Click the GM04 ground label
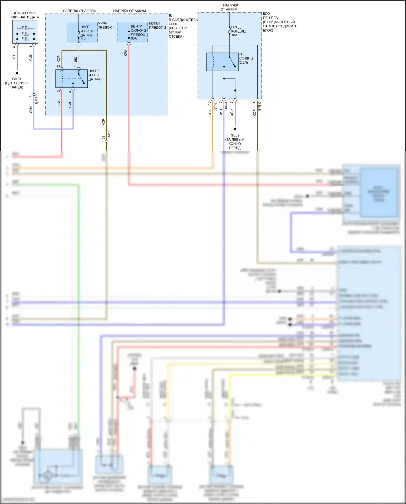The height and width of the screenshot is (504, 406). click(x=17, y=79)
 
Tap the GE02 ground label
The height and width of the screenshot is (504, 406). click(x=235, y=135)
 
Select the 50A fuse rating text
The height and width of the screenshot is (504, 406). click(x=84, y=39)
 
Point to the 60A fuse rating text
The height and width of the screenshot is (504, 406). click(x=134, y=38)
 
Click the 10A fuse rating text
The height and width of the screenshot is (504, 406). click(x=234, y=35)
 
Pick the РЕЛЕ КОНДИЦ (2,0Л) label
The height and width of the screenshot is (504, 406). click(x=246, y=58)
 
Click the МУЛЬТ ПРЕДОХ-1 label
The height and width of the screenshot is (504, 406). click(x=106, y=25)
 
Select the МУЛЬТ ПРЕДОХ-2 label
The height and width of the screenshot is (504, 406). click(x=157, y=25)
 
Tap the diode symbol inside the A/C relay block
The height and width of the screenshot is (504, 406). click(x=235, y=90)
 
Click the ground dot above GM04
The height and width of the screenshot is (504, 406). click(x=17, y=73)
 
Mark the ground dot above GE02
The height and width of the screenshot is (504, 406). click(x=235, y=129)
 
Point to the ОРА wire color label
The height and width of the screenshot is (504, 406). click(x=210, y=113)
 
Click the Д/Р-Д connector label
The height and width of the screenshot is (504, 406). click(x=215, y=106)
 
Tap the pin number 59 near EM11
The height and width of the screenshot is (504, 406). click(x=103, y=138)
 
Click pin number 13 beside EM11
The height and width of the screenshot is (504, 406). click(x=31, y=97)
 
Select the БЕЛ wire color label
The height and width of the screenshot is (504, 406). click(x=76, y=59)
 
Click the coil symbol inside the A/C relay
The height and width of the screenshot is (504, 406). click(x=213, y=62)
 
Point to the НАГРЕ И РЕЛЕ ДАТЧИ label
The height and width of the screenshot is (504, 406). click(x=94, y=75)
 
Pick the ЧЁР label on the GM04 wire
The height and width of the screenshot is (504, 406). click(x=14, y=57)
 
